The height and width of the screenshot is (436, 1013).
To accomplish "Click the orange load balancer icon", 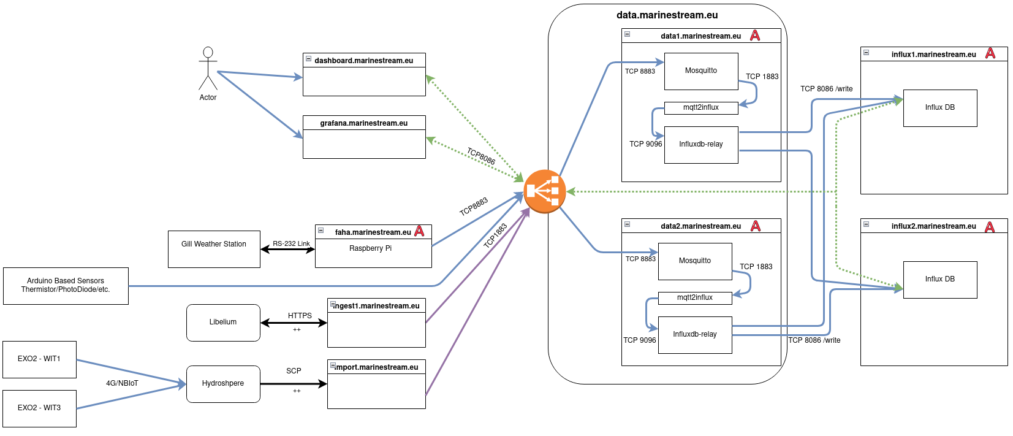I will [x=544, y=191].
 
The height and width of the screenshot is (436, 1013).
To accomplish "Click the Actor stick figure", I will [x=208, y=69].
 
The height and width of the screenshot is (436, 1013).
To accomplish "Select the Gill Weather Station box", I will [x=214, y=249].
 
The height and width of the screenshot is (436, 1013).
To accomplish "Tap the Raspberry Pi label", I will [x=370, y=248].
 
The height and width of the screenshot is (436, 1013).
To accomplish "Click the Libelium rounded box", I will [x=223, y=323].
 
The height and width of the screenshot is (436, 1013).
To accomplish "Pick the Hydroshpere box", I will [x=223, y=384].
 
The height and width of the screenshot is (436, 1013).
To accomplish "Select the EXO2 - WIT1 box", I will [x=39, y=359].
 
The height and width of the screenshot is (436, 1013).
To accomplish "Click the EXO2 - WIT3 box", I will [x=39, y=408].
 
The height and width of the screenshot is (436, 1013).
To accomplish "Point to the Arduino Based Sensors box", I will [x=66, y=286].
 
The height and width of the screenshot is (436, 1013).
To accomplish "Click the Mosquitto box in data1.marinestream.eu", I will [x=701, y=71].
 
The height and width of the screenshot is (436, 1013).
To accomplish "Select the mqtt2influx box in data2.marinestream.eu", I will [x=695, y=298].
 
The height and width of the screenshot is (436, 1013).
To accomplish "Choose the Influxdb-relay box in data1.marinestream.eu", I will [x=701, y=145].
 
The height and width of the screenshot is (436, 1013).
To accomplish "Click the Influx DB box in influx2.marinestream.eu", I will [x=940, y=280].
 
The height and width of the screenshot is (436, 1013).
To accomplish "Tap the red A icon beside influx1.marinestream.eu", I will [x=990, y=53].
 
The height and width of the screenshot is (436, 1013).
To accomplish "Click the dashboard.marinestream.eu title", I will [x=364, y=61].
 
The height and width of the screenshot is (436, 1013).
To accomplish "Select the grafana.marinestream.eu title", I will [x=364, y=123].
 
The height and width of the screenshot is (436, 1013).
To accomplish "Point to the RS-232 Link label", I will [x=291, y=243].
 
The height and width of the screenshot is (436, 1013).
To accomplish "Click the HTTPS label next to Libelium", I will [x=300, y=316].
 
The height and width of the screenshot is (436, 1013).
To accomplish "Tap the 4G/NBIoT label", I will [x=122, y=383].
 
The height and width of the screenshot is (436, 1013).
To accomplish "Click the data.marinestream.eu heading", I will [x=667, y=15].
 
